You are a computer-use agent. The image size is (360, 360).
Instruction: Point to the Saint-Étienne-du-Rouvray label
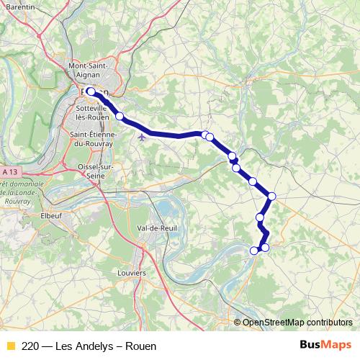(x=91, y=138)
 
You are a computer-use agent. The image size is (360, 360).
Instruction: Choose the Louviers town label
(x=132, y=273)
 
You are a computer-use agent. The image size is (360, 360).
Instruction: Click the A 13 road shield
(x=10, y=173)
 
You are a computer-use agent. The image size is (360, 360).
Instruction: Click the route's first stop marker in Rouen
(x=91, y=91)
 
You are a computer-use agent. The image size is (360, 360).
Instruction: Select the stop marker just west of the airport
(x=120, y=115)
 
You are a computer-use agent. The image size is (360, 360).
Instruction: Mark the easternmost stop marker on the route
(x=271, y=196)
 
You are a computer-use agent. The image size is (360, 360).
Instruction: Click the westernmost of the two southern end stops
(x=253, y=251)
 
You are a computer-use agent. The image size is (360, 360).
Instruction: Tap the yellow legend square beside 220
(x=10, y=346)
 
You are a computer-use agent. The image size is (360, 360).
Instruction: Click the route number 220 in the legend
(x=30, y=346)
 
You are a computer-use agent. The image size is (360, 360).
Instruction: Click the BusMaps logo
(x=325, y=345)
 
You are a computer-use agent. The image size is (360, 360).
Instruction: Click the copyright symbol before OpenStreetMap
(x=238, y=322)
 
